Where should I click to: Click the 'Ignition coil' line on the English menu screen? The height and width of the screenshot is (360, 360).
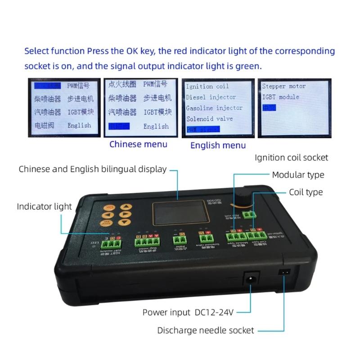(207, 86)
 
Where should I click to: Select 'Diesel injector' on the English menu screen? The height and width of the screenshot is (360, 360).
(211, 97)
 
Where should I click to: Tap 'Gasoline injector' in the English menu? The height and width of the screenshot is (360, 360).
(214, 108)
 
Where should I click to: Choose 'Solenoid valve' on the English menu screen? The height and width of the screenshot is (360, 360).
(209, 119)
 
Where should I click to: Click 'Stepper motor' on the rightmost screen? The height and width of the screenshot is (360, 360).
(283, 86)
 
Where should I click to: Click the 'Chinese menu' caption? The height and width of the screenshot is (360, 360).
(138, 144)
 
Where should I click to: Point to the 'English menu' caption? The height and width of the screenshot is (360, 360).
(218, 145)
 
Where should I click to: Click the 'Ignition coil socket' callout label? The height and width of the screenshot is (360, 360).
(291, 157)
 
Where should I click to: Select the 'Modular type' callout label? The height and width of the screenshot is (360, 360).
(298, 175)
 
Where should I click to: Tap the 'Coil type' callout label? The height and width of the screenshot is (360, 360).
(306, 192)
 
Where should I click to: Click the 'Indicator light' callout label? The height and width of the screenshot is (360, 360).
(44, 207)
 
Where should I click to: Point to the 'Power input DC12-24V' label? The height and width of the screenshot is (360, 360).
(189, 312)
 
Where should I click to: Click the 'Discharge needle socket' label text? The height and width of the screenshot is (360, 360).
(206, 330)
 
